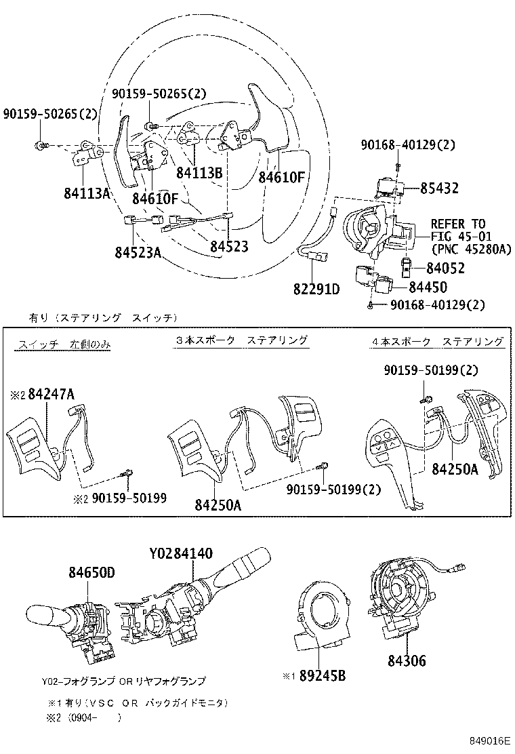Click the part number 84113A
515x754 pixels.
click(x=87, y=194)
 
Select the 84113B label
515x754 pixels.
click(x=199, y=173)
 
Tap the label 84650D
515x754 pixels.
click(x=91, y=573)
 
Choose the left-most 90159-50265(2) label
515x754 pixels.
click(x=50, y=114)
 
